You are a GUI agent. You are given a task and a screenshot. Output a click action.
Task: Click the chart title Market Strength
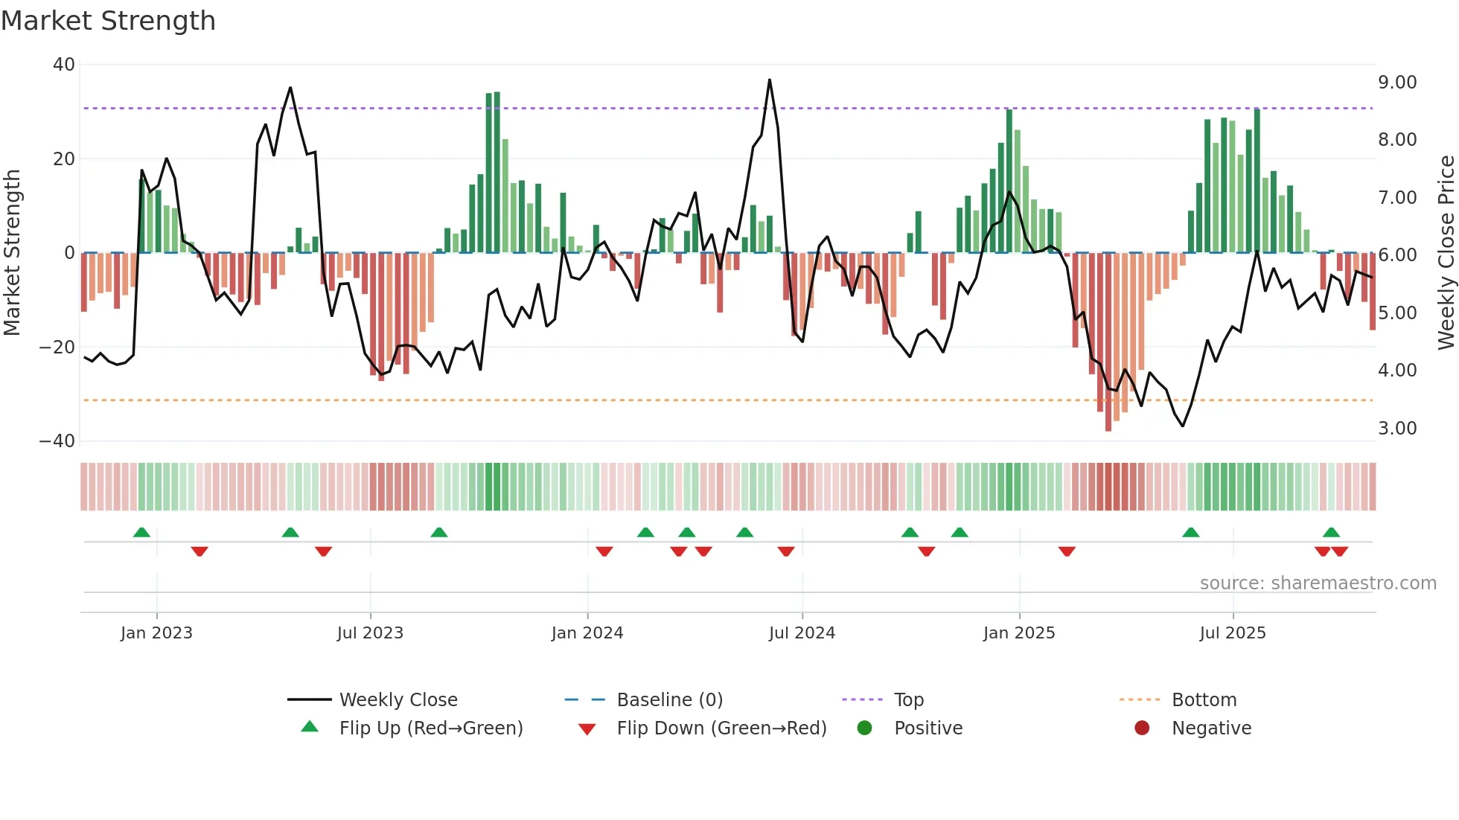point(108,21)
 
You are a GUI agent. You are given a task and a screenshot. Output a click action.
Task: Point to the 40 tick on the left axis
point(64,65)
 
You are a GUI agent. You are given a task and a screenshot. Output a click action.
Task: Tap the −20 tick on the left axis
point(57,347)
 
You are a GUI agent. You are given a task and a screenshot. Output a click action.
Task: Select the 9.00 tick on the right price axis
point(1397,83)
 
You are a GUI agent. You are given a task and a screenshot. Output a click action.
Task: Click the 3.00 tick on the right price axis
point(1397,429)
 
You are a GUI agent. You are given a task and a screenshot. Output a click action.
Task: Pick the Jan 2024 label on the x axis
point(587,633)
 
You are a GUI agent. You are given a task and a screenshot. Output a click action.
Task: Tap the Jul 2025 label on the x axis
point(1232,633)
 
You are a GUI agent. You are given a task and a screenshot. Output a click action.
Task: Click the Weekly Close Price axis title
point(1446,252)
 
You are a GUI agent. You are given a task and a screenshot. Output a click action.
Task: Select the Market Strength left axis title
point(13,252)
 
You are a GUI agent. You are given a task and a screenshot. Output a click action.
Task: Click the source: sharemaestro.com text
point(1318,583)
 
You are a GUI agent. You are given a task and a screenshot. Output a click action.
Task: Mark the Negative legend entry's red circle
point(1142,728)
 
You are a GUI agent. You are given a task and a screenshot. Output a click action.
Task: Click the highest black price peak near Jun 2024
point(770,80)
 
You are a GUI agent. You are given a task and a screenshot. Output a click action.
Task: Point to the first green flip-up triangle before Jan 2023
point(141,532)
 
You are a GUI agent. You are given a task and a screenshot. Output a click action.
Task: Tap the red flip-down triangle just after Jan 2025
point(1067,551)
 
